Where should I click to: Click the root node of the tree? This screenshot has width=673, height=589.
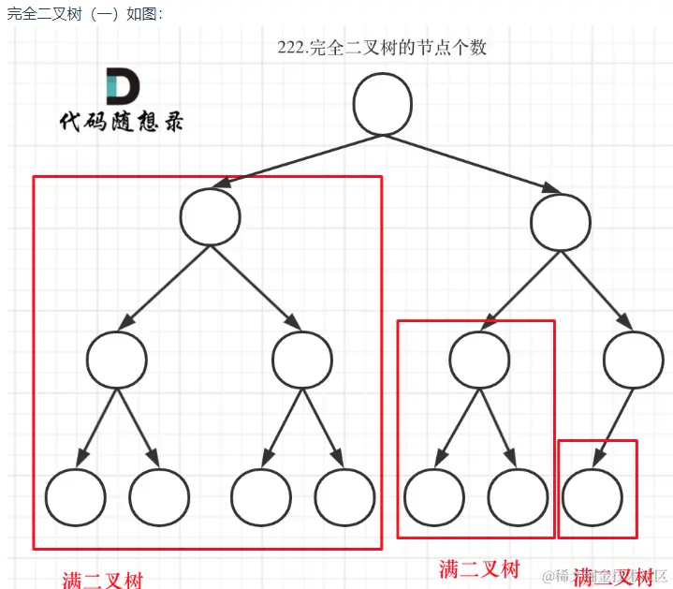pos(383,103)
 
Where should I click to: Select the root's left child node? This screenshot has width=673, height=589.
pos(211,216)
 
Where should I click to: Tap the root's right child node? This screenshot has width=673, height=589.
pos(561,221)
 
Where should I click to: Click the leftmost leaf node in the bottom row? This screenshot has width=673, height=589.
pos(75,496)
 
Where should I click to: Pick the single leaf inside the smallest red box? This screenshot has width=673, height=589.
pos(593,495)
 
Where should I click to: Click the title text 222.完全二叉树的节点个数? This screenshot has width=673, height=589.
pos(382,47)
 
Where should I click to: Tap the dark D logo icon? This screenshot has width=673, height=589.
pos(123,86)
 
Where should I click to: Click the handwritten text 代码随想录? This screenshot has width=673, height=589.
pos(122,123)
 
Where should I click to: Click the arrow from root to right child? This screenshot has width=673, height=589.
pos(473,162)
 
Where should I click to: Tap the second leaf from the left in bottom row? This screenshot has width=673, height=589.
pos(159,496)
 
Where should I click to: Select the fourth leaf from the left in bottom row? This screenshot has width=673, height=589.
pos(345,496)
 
